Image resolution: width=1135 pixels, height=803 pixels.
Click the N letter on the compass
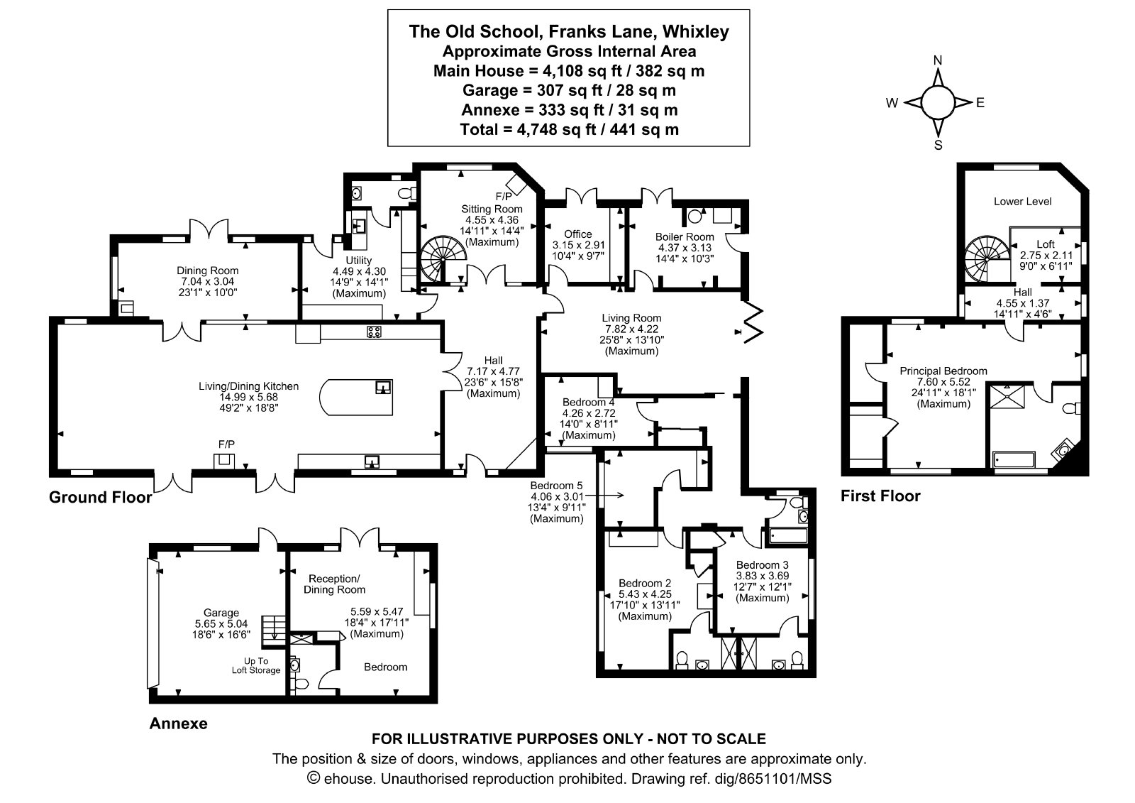pyautogui.click(x=938, y=60)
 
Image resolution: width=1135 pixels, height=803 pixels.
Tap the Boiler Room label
pyautogui.click(x=685, y=237)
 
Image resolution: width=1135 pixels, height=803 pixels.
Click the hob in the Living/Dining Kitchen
pyautogui.click(x=375, y=332)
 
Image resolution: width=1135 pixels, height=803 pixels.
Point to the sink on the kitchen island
pyautogui.click(x=383, y=388)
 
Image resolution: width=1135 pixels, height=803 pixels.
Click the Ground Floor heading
pyautogui.click(x=100, y=497)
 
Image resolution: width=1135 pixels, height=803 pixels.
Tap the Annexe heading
pyautogui.click(x=178, y=723)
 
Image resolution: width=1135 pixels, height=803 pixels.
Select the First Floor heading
pyautogui.click(x=880, y=496)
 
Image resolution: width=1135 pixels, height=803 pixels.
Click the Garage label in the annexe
pyautogui.click(x=221, y=613)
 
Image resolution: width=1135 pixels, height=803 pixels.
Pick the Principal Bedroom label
pyautogui.click(x=943, y=371)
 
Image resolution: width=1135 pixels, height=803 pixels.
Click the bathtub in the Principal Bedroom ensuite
pyautogui.click(x=1014, y=459)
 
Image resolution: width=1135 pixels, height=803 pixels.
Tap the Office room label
pyautogui.click(x=578, y=234)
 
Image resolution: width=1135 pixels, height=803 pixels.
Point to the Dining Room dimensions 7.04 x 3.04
pyautogui.click(x=208, y=282)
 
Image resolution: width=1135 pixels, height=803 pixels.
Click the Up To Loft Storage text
pyautogui.click(x=256, y=665)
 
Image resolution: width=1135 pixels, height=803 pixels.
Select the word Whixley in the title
pyautogui.click(x=696, y=31)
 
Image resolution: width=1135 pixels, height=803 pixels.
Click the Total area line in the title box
pyautogui.click(x=569, y=129)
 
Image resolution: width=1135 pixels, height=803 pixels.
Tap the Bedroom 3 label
pyautogui.click(x=763, y=564)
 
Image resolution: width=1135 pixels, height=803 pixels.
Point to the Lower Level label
pyautogui.click(x=1022, y=202)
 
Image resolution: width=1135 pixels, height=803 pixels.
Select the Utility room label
pyautogui.click(x=359, y=261)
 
